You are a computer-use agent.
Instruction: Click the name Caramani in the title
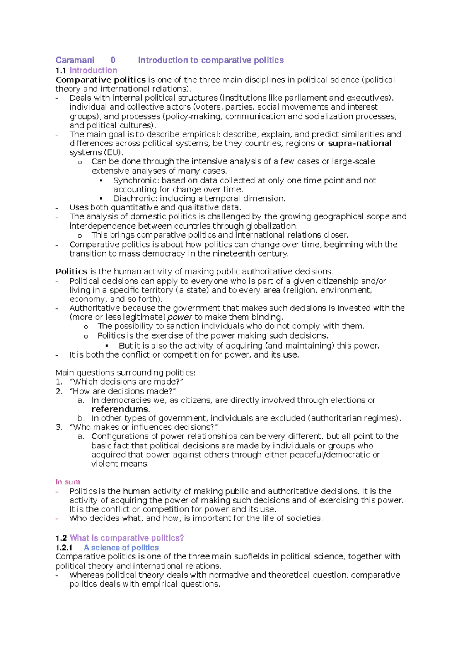[x=75, y=60]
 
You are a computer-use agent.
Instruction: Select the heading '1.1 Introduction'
[x=86, y=70]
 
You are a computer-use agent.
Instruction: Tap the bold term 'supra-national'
[x=360, y=144]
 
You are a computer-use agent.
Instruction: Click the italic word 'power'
[x=179, y=317]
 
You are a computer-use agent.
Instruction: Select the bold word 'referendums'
[x=120, y=409]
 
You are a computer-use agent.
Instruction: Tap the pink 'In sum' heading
[x=68, y=482]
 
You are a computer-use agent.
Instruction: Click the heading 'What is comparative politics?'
[x=126, y=538]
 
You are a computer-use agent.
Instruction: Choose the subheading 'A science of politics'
[x=121, y=547]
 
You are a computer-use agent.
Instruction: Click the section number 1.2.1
[x=64, y=547]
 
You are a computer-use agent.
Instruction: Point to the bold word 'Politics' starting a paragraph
[x=72, y=272]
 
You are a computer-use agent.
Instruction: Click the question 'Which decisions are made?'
[x=126, y=382]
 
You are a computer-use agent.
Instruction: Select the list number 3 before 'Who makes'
[x=58, y=427]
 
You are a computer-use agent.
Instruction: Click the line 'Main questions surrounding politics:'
[x=125, y=373]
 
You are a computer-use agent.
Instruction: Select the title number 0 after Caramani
[x=113, y=60]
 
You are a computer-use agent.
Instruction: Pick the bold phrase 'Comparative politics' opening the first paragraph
[x=101, y=80]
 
